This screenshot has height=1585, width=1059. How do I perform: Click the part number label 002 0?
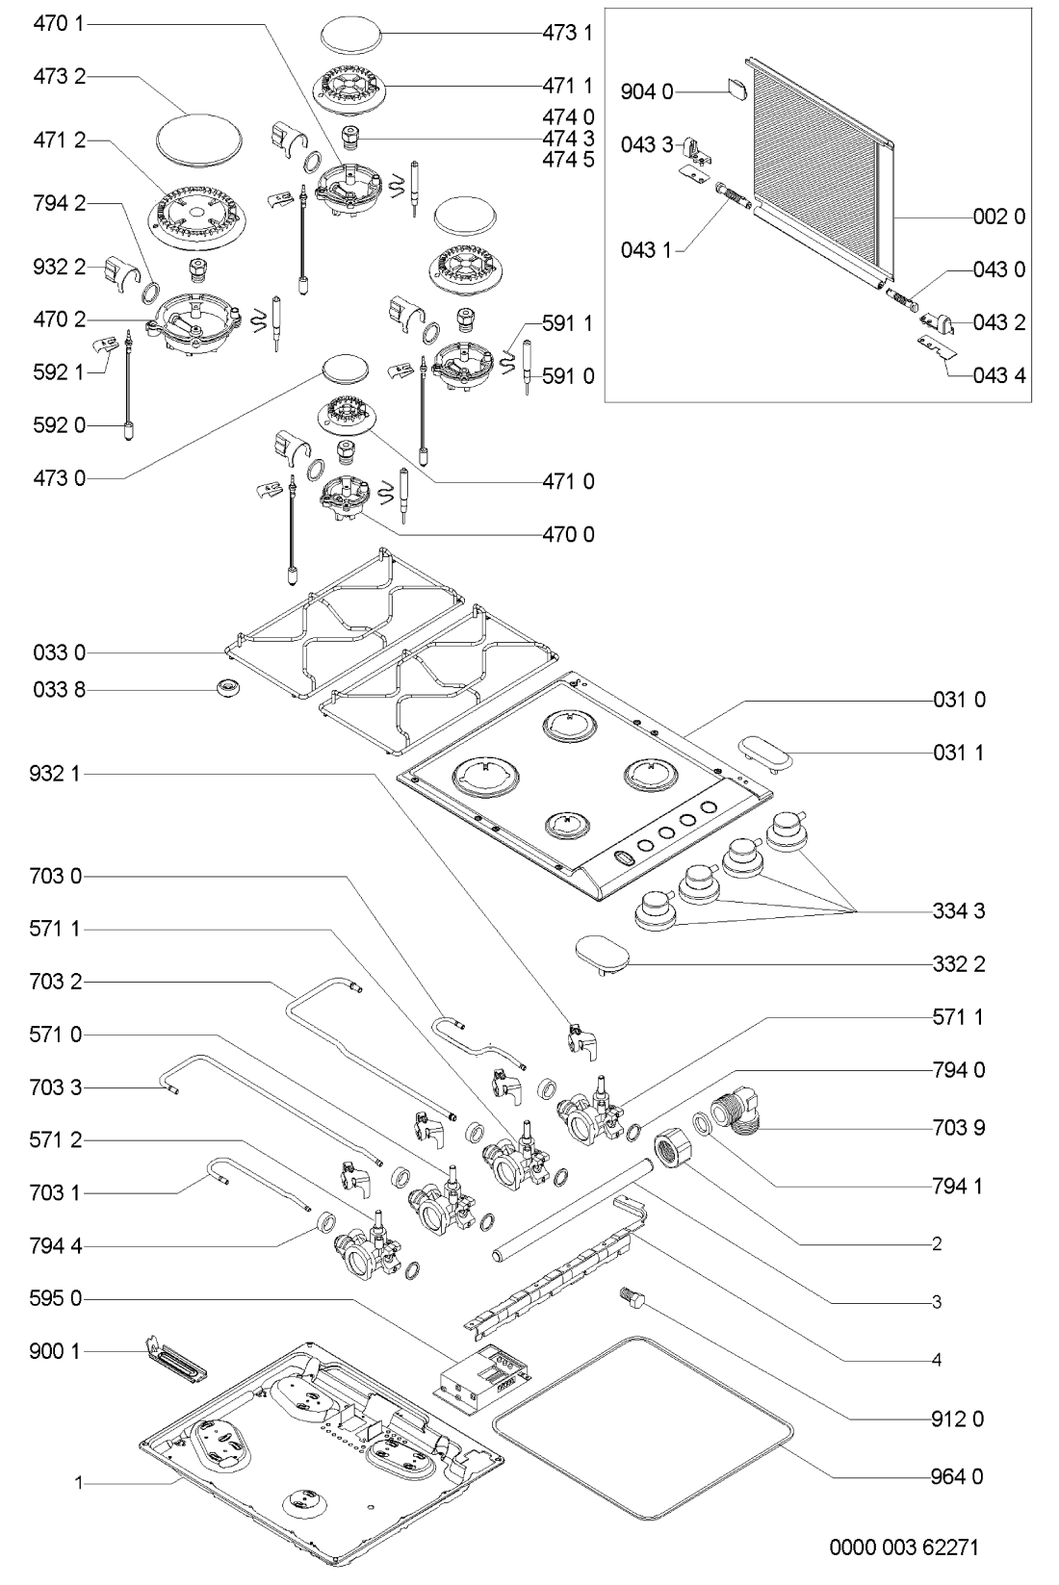[998, 217]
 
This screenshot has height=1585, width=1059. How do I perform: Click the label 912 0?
[958, 1419]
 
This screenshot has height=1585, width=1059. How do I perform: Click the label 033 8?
[60, 690]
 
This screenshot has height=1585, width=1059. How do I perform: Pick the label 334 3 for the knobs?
[958, 910]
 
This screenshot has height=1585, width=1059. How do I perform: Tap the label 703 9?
[958, 1127]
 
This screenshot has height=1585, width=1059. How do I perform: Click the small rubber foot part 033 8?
[228, 687]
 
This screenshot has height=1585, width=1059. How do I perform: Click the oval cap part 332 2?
[603, 955]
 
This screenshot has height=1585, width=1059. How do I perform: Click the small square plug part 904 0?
[737, 89]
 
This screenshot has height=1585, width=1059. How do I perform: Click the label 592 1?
[60, 371]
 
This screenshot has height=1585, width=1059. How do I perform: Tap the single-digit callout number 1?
[81, 1484]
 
